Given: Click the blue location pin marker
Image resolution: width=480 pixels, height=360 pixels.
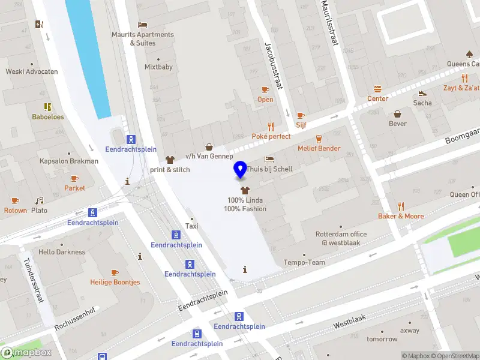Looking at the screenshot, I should pos(241,170).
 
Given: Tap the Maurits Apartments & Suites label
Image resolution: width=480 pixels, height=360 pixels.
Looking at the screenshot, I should pos(143,38).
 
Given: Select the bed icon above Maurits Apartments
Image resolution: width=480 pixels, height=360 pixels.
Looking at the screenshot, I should pos(143,25).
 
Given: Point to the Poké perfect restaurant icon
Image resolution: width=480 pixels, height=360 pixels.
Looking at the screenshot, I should pos(271,126).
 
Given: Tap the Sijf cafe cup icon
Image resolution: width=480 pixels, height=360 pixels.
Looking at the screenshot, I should pos(301,115).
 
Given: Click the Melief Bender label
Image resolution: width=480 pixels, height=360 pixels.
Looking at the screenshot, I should pos(319,148).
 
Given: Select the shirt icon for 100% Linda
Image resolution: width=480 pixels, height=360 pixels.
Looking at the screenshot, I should pos(245,190).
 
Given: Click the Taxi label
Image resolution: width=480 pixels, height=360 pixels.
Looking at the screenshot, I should pos(191,226).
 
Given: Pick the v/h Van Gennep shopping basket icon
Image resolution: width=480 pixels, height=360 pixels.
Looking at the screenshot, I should pos(209,146).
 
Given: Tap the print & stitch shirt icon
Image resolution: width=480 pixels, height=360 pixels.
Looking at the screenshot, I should pos(170,160).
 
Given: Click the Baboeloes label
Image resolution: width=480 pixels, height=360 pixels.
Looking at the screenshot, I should pos(48,117).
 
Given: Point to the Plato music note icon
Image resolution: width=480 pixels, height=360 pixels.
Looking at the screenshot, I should pos(39,200).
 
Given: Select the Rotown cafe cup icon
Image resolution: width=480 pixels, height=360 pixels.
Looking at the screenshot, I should pos(15,200).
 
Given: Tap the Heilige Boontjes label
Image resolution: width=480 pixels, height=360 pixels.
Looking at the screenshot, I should pos(115,282).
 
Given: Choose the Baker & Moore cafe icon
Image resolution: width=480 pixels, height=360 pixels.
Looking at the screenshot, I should pos(400,206).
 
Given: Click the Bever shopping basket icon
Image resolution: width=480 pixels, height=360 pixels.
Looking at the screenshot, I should pos(397,113).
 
